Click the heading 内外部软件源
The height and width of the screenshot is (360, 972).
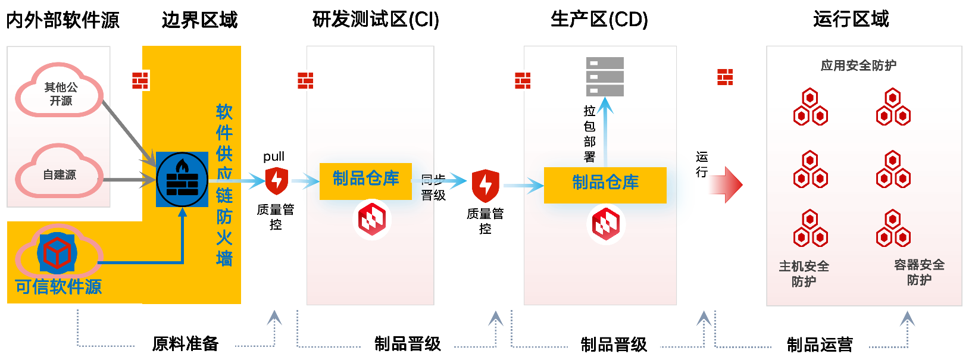[62, 20]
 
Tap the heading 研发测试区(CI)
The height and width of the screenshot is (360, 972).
[376, 20]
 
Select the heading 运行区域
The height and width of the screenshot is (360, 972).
[851, 20]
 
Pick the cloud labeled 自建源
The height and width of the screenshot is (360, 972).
[60, 174]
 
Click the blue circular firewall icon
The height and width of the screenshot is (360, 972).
[182, 179]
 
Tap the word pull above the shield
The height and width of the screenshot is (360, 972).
[274, 156]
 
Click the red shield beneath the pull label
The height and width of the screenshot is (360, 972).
[276, 181]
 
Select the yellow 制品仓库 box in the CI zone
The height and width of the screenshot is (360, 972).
[365, 179]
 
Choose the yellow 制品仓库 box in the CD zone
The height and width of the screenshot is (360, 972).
[605, 183]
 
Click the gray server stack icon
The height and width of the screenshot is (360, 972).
[605, 76]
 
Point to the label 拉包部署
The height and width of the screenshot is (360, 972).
[589, 134]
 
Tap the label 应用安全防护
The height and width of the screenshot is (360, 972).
[858, 65]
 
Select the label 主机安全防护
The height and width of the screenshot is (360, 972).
[804, 274]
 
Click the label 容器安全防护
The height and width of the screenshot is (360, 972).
[919, 272]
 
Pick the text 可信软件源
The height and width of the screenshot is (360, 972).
[58, 287]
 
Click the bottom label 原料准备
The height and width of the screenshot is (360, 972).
[185, 343]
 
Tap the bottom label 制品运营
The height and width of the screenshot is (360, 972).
[820, 345]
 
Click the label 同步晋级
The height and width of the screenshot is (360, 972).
[433, 187]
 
